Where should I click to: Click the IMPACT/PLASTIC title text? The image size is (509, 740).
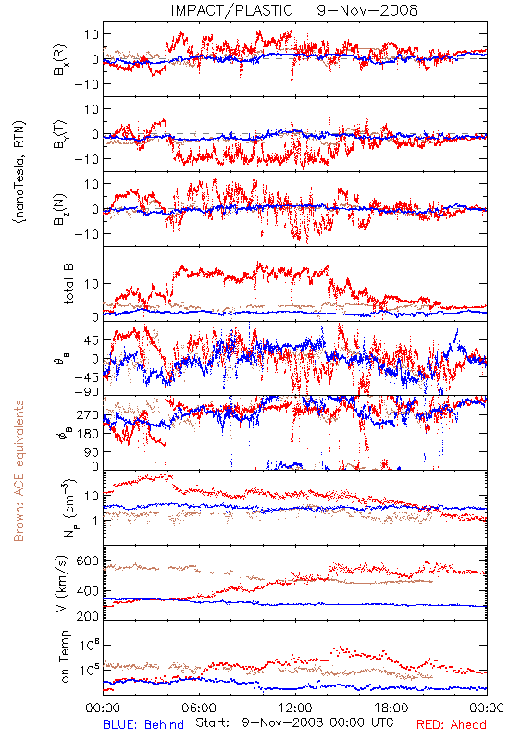click(232, 10)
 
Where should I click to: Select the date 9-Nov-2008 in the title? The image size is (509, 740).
click(367, 10)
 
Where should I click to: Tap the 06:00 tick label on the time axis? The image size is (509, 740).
click(199, 708)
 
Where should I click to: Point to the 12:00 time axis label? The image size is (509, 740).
click(295, 708)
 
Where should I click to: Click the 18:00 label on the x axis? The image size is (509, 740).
click(391, 708)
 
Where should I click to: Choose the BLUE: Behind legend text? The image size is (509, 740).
click(143, 724)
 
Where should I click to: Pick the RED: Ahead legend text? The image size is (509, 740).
click(452, 724)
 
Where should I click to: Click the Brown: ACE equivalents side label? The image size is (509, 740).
click(19, 471)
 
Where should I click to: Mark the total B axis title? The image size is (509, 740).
click(68, 284)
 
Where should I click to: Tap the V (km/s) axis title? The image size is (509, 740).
click(62, 584)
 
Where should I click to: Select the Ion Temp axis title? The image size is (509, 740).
click(64, 658)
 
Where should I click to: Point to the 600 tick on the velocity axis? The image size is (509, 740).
click(88, 561)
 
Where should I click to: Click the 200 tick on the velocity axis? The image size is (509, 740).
click(88, 616)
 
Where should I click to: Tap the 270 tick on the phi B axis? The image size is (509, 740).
click(88, 414)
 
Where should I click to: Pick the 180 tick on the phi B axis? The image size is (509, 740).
click(88, 434)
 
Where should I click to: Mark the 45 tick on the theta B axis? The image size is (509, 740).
click(92, 340)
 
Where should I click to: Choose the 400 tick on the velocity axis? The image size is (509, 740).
click(88, 590)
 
